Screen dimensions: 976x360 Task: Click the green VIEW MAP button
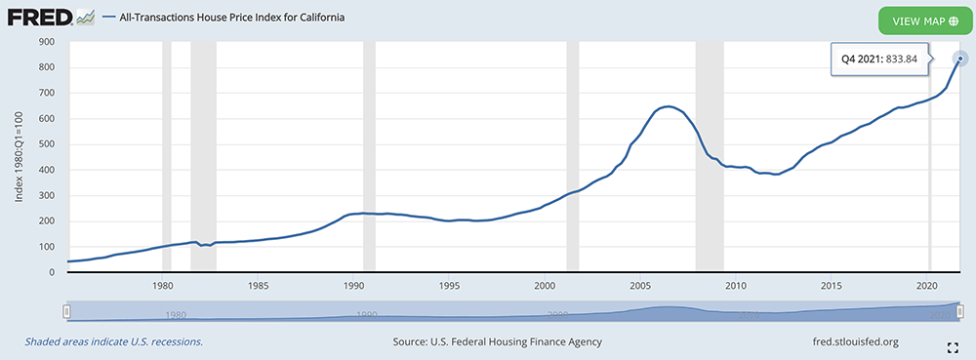click(925, 21)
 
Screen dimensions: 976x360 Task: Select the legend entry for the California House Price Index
click(224, 18)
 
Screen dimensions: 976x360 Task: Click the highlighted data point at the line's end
click(960, 60)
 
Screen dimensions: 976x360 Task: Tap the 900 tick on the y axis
click(47, 42)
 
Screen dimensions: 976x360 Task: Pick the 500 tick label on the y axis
click(47, 144)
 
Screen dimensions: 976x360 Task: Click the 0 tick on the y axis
click(53, 272)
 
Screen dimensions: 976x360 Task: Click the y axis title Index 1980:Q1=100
click(20, 158)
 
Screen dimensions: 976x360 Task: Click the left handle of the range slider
click(67, 312)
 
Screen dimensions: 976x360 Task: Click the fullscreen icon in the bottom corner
click(952, 347)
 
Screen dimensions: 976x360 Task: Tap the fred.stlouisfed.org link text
click(852, 341)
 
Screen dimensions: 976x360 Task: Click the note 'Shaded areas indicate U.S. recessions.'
click(114, 341)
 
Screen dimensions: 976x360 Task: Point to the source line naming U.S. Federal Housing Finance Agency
click(498, 341)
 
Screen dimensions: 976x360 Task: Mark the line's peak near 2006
click(668, 106)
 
